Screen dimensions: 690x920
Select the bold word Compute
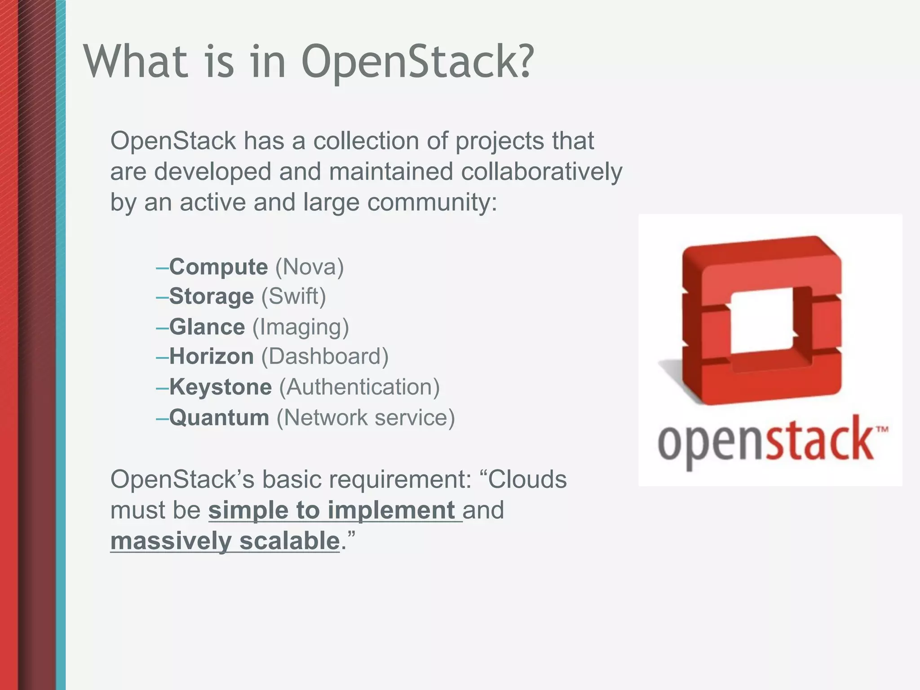(218, 267)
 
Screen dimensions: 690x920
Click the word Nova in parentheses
(309, 267)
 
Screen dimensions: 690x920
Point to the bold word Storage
(212, 296)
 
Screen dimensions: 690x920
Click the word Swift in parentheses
(293, 296)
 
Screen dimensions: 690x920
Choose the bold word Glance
(207, 327)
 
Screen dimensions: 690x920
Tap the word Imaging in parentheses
(301, 327)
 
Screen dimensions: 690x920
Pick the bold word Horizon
(212, 357)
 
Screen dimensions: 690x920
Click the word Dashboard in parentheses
(324, 357)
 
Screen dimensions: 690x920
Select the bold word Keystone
(221, 387)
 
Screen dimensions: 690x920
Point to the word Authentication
(359, 387)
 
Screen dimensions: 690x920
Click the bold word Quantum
(219, 417)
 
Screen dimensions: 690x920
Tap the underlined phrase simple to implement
(332, 510)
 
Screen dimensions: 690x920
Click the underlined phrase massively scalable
(225, 541)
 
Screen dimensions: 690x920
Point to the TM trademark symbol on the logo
(882, 429)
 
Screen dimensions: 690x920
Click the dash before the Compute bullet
(162, 268)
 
